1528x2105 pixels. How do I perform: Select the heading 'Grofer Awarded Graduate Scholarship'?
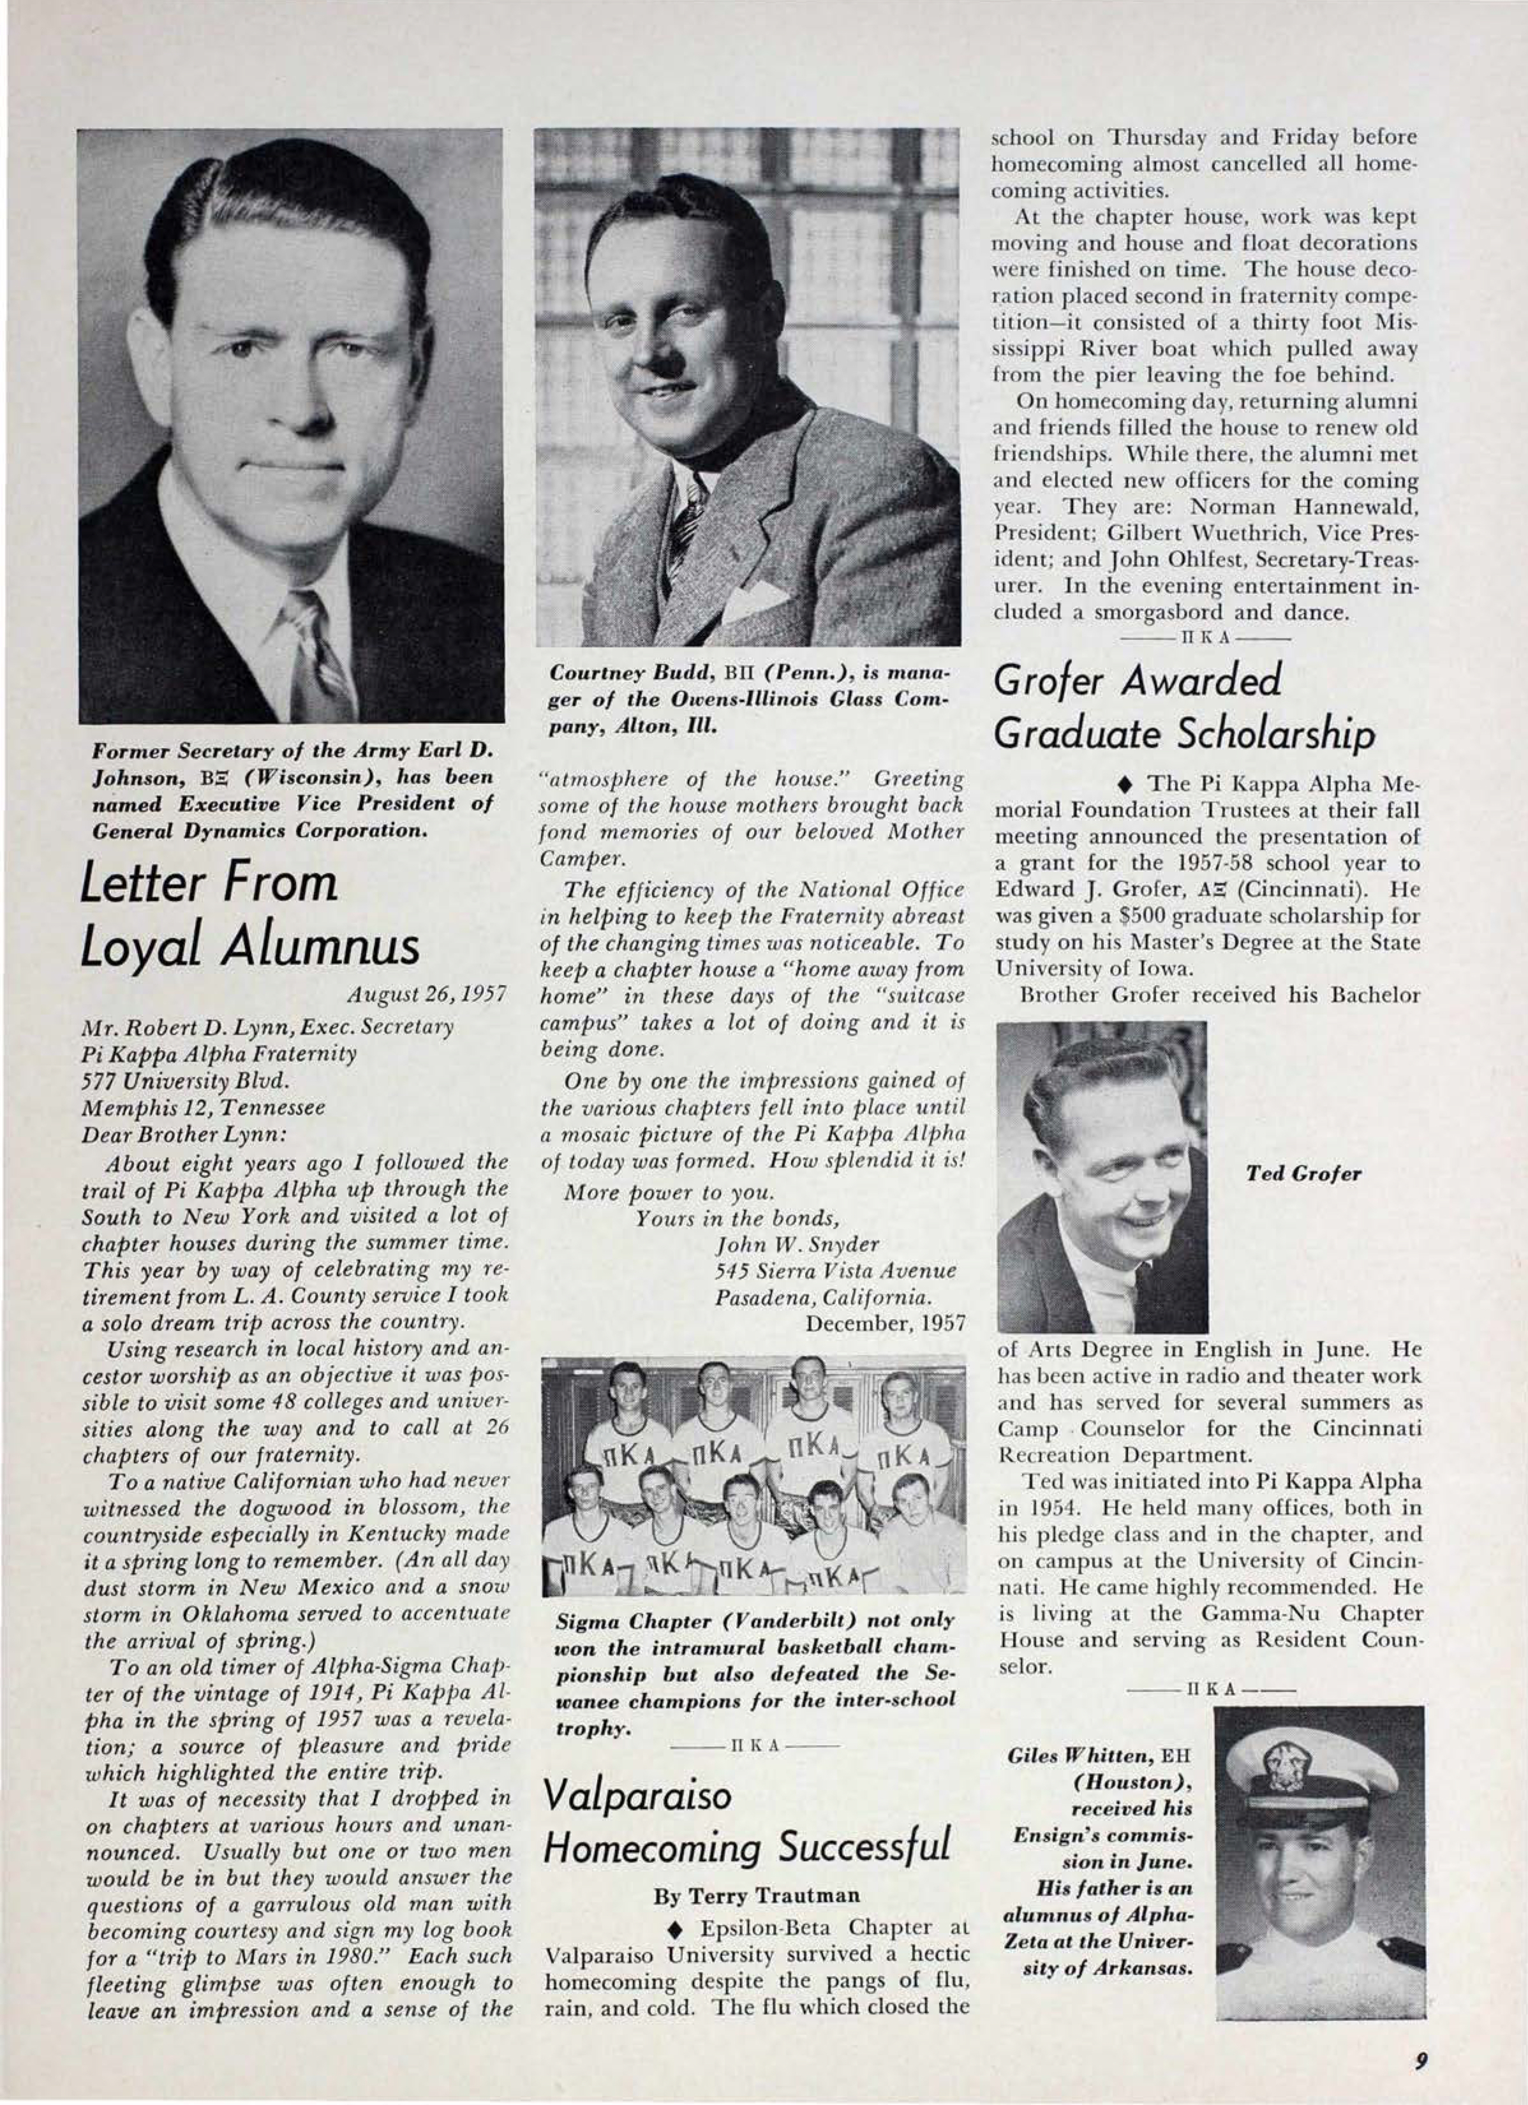pyautogui.click(x=1183, y=708)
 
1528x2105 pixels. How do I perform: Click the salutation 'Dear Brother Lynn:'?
pyautogui.click(x=185, y=1134)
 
